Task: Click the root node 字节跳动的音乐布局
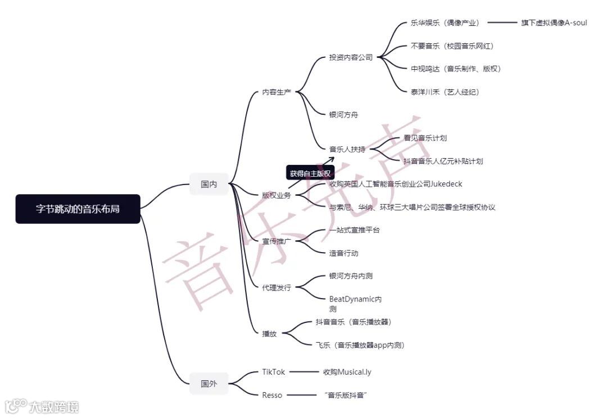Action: tap(78, 209)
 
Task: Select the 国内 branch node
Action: tap(209, 184)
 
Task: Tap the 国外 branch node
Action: tap(209, 384)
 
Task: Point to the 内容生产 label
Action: tap(277, 92)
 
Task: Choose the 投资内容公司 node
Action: tap(351, 57)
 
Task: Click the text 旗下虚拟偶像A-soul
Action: tap(554, 23)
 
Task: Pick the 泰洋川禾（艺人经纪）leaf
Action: tap(445, 92)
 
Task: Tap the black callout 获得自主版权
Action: tap(310, 173)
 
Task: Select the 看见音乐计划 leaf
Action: tap(425, 138)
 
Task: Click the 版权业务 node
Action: tap(277, 195)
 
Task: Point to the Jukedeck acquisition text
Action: tap(396, 184)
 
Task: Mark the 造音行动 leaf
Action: tap(343, 253)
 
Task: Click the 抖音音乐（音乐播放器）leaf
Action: tap(353, 322)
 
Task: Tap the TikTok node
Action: tap(274, 372)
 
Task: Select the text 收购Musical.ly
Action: tap(347, 372)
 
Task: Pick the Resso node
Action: tap(272, 395)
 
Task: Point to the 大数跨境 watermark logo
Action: tap(42, 406)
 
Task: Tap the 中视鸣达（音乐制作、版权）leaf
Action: tap(455, 69)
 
